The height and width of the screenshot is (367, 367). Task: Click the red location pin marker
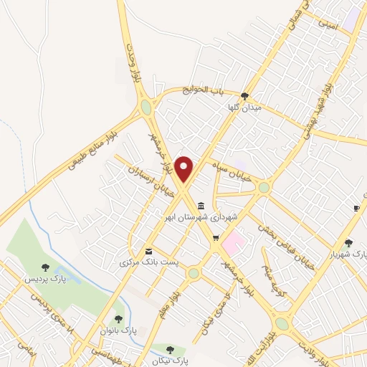pos(184,169)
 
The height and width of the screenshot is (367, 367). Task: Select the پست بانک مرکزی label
pos(146,263)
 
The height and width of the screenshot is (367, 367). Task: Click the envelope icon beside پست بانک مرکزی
pos(148,251)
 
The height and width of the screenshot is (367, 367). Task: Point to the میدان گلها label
pos(242,108)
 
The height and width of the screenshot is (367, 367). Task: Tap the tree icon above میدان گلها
pos(245,95)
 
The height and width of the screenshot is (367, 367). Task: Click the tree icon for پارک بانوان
pos(119,319)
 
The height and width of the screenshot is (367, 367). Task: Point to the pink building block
pos(232,244)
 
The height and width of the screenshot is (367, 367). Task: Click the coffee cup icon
pos(356,208)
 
